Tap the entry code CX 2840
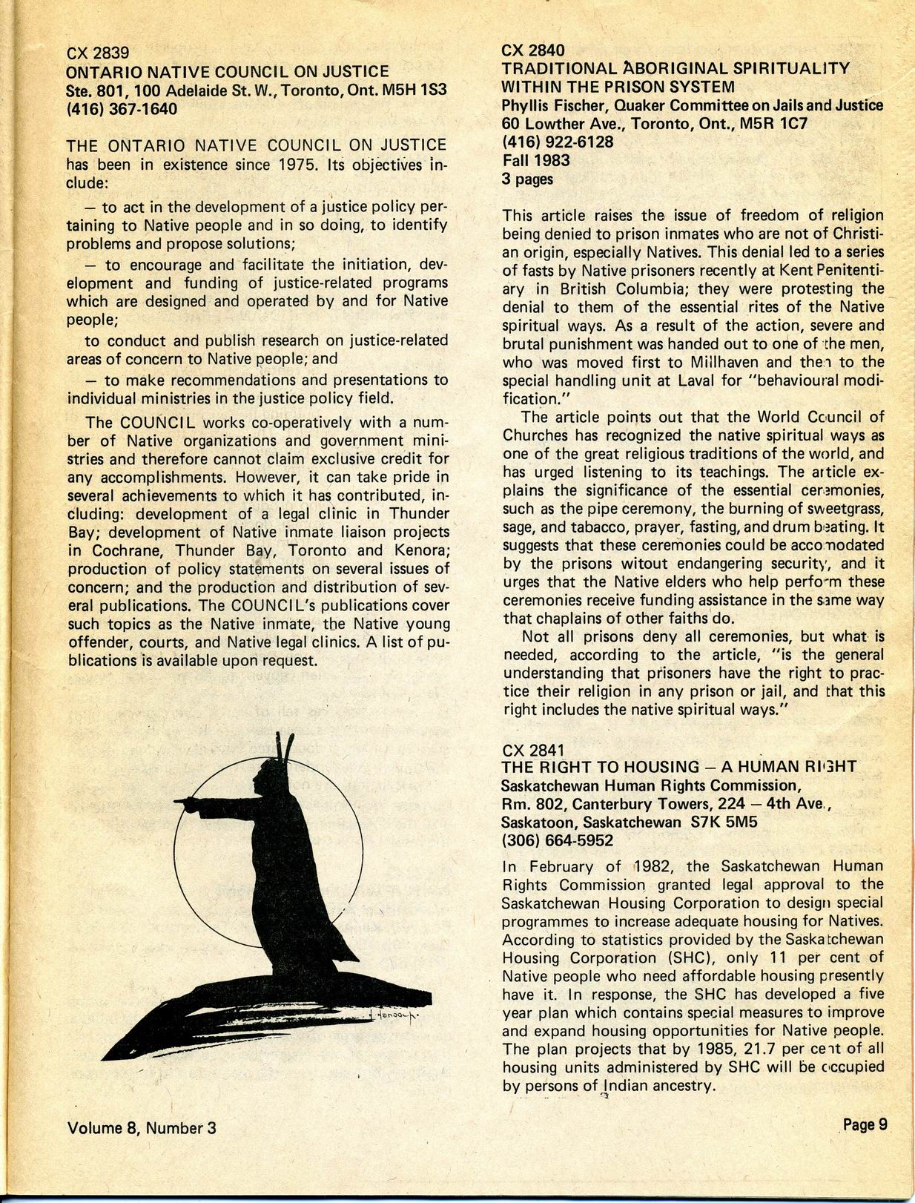click(x=533, y=50)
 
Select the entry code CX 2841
click(x=533, y=749)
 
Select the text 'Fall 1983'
click(x=535, y=160)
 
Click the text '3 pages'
click(x=526, y=179)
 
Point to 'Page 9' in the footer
click(x=865, y=1124)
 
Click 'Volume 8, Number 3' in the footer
click(x=142, y=1128)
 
